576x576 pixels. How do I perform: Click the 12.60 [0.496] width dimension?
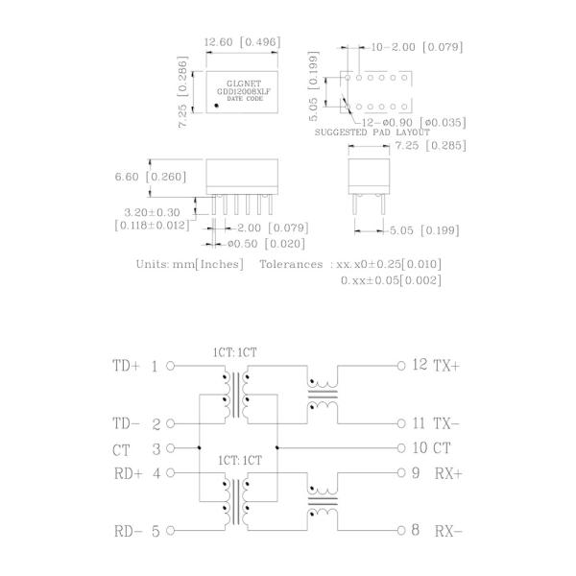(242, 41)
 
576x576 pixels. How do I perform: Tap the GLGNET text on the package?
(242, 84)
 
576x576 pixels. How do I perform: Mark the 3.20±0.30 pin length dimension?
(152, 212)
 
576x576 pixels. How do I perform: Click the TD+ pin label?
(126, 367)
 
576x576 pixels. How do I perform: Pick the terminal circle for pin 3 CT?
(171, 448)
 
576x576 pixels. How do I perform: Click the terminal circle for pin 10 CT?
(401, 448)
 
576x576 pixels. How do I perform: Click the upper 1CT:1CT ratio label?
(234, 351)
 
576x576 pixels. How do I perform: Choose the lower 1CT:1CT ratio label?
(234, 461)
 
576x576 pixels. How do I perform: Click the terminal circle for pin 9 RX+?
(401, 473)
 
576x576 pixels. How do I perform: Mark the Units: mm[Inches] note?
(189, 263)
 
